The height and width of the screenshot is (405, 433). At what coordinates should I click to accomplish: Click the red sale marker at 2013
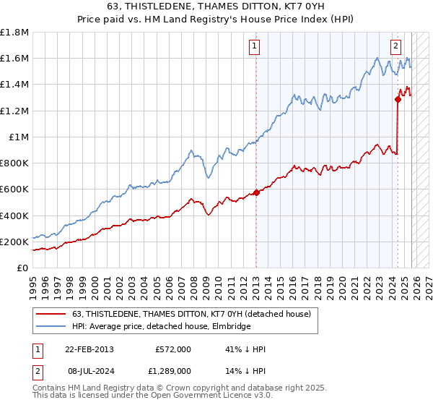[x=256, y=192]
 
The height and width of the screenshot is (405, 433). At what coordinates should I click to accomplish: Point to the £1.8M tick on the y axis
[x=14, y=33]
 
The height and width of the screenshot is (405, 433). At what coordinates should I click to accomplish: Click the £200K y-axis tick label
[x=14, y=242]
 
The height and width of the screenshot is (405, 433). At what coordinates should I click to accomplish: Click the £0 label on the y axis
[x=23, y=268]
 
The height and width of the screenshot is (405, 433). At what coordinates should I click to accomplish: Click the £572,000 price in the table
[x=172, y=349]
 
